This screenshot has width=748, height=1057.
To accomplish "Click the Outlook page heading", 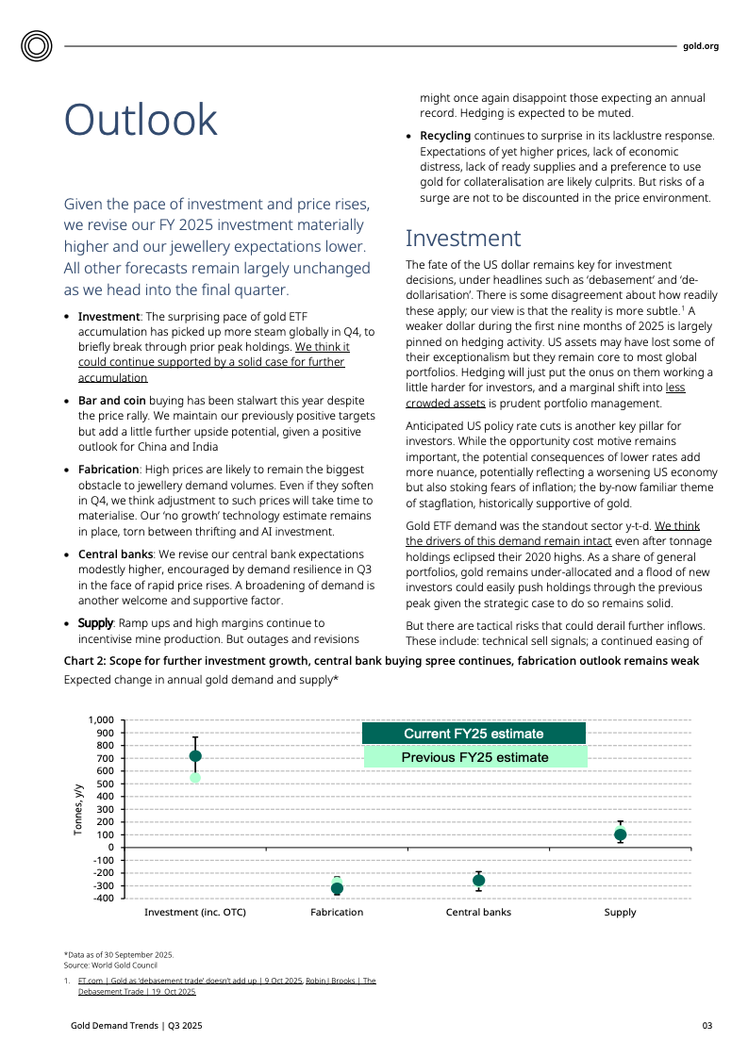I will pos(141,121).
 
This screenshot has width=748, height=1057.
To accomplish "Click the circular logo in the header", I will pos(38,45).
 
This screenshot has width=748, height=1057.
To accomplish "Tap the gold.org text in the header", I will pos(700,45).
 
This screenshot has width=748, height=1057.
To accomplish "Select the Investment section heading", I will pos(462,238).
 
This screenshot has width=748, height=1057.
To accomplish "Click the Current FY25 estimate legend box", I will pos(474,734).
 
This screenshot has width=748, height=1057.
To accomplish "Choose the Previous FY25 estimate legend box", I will pos(474,757).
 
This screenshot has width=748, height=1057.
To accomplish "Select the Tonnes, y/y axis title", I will pos(78,808).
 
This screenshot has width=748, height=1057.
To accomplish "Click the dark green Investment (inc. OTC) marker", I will pos(195,756).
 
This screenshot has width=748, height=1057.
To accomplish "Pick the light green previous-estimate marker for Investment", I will pos(195,778).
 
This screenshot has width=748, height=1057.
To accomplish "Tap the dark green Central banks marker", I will pos(478,881).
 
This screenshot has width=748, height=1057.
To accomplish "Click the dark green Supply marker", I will pos(620,834).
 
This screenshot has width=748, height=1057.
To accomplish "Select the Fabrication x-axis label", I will pos(337,913).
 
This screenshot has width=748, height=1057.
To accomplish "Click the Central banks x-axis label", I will pos(478,913).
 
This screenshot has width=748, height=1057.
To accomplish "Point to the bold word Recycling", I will pos(445,136).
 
